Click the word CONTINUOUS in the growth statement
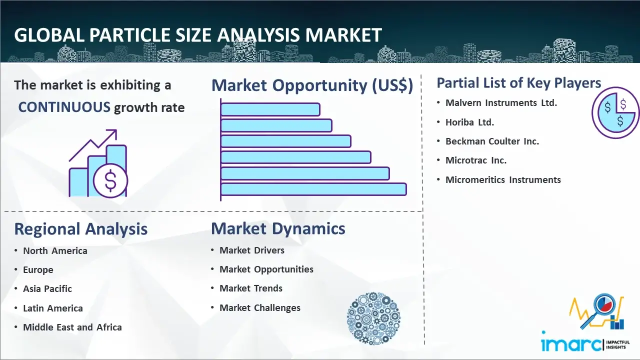pyautogui.click(x=64, y=107)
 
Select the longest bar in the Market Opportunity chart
pyautogui.click(x=313, y=189)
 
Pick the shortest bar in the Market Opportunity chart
pyautogui.click(x=270, y=109)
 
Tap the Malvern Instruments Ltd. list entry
pyautogui.click(x=501, y=103)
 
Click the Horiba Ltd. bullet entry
pyautogui.click(x=469, y=122)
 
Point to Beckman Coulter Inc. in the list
pyautogui.click(x=492, y=141)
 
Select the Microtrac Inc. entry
pyautogui.click(x=475, y=160)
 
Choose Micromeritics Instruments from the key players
pyautogui.click(x=503, y=179)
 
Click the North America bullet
pyautogui.click(x=55, y=251)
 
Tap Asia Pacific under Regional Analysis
pyautogui.click(x=47, y=289)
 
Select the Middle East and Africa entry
pyautogui.click(x=72, y=327)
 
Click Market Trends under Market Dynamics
pyautogui.click(x=251, y=288)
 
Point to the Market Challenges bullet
pyautogui.click(x=259, y=307)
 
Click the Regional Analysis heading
pyautogui.click(x=81, y=229)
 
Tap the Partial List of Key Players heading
pyautogui.click(x=519, y=83)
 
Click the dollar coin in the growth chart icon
pyautogui.click(x=110, y=181)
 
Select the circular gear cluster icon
pyautogui.click(x=373, y=318)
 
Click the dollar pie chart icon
pyautogui.click(x=615, y=112)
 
